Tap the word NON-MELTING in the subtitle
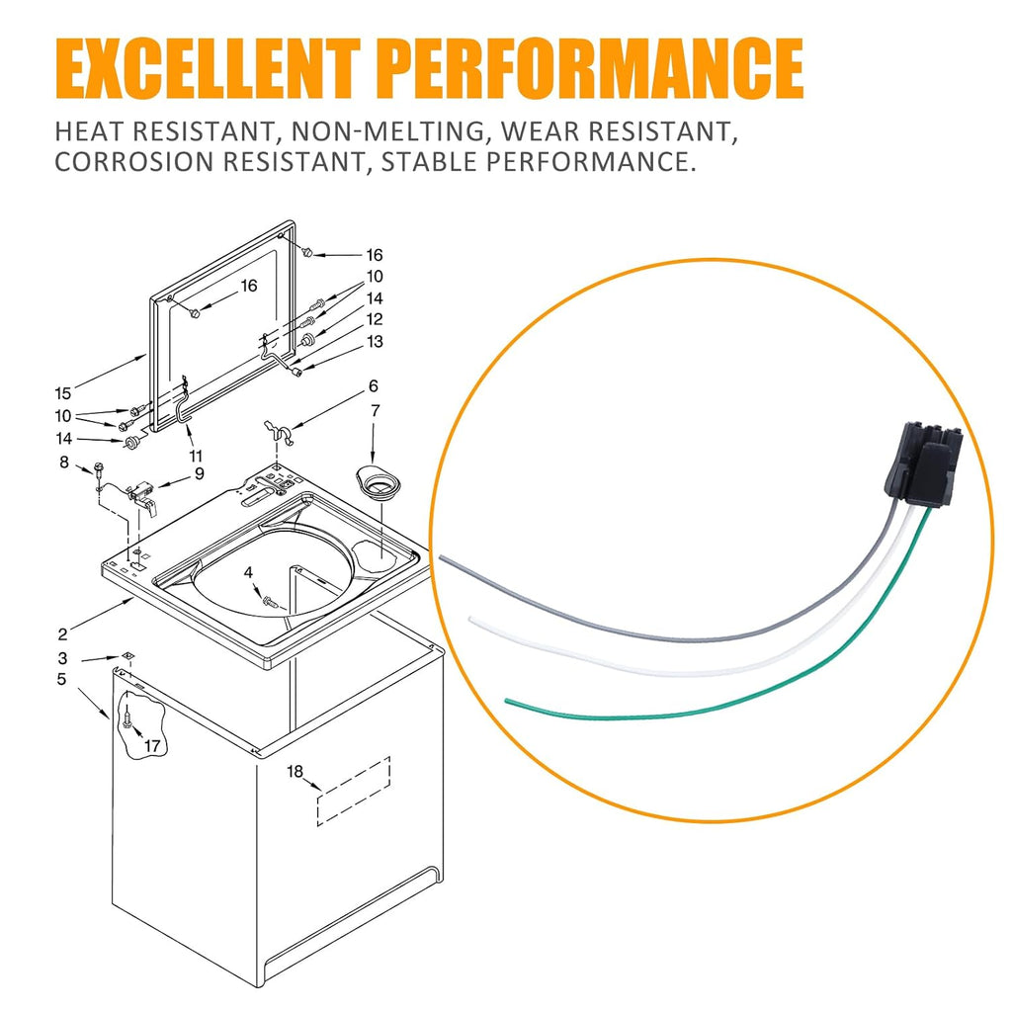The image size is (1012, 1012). point(387,131)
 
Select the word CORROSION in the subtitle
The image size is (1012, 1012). point(133,161)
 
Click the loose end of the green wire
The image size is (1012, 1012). point(507,701)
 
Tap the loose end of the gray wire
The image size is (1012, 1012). point(442,555)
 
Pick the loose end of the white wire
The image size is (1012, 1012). point(472,619)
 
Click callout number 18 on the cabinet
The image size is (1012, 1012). point(295,771)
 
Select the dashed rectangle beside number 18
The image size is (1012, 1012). point(353,792)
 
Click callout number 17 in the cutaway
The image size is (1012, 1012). point(152,746)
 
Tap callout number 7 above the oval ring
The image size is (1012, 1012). point(375,410)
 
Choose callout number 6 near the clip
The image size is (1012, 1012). point(373,386)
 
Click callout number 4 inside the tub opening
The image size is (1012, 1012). point(248,572)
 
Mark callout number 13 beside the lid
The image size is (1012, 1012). point(375,341)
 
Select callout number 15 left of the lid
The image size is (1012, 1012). point(62,393)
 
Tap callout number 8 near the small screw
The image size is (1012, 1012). point(64,463)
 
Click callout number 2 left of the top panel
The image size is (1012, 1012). point(62,634)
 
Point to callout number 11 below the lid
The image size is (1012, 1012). point(196,457)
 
